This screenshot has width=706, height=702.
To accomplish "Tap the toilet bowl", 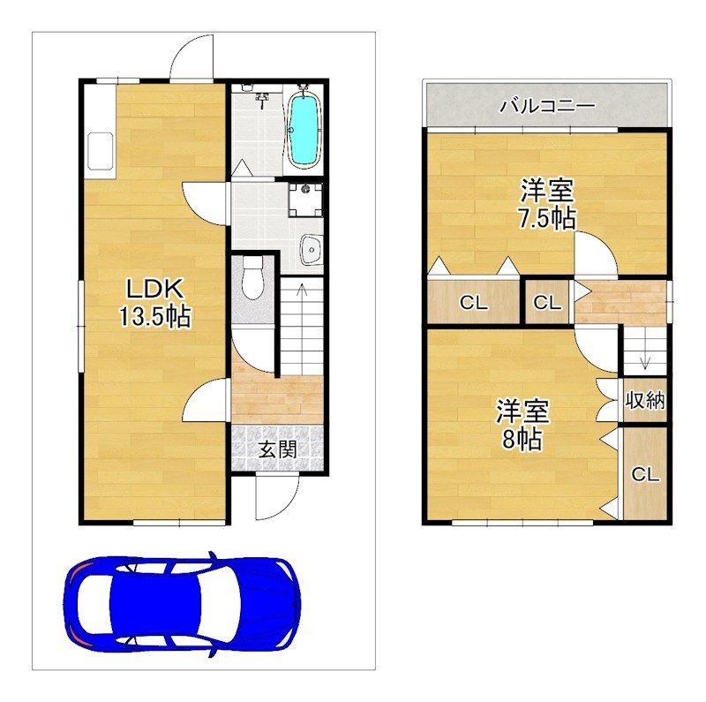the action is (252, 278).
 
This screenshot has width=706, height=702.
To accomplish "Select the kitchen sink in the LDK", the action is (100, 151).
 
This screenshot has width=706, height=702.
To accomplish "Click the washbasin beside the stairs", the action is (311, 249).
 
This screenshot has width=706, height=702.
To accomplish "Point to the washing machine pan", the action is (305, 200).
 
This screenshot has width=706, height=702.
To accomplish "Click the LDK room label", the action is (155, 289).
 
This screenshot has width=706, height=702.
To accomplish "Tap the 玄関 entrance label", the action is (277, 449).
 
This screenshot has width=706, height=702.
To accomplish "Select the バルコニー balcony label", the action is (547, 106).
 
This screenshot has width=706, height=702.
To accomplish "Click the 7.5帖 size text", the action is (547, 218).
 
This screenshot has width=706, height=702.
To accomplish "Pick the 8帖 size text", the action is (522, 438).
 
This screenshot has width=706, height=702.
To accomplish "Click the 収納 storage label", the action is (645, 400).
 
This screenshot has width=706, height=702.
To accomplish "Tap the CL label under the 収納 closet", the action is (645, 474).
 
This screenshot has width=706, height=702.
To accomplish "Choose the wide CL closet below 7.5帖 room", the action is (473, 302).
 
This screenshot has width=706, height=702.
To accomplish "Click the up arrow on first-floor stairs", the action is (302, 289).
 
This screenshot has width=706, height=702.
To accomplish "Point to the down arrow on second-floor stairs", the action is (646, 359).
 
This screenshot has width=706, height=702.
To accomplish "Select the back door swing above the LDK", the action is (192, 57).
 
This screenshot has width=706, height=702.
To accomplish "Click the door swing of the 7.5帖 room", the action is (596, 253).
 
